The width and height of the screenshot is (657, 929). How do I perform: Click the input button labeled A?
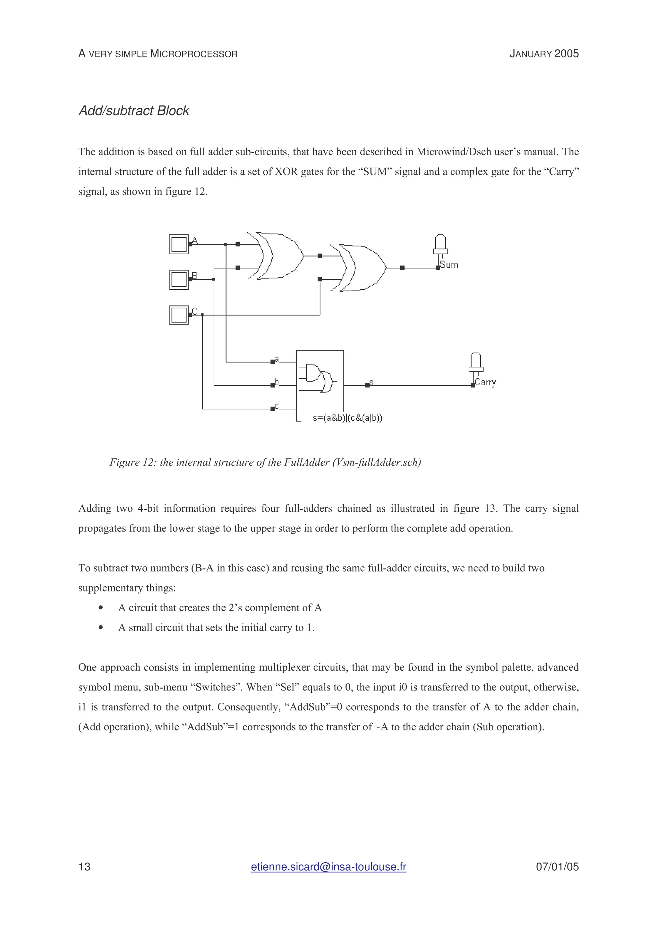178,244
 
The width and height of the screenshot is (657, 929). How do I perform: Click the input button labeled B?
178,280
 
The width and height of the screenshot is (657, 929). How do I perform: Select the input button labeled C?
178,315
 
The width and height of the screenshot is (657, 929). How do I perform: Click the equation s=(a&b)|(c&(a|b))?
347,418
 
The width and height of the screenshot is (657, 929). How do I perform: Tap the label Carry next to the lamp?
485,382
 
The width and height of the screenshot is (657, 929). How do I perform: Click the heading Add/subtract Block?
133,111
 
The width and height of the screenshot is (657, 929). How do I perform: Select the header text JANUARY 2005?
544,54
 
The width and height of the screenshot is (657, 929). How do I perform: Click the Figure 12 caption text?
265,463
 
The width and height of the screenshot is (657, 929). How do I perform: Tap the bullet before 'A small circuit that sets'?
100,628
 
